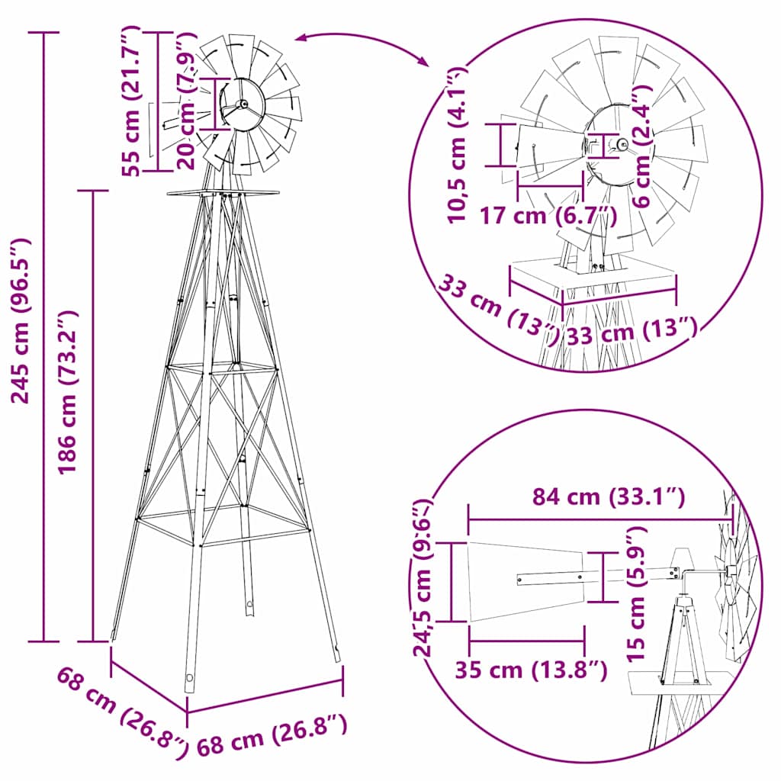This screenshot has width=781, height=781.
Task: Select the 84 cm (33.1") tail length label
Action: pos(608,497)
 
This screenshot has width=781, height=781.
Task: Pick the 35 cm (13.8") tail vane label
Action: pos(531,670)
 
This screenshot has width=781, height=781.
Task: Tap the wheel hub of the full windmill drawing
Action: pos(241,104)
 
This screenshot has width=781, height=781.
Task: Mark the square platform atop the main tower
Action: pos(223,193)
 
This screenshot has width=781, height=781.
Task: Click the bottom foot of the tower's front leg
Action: pos(190,680)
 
